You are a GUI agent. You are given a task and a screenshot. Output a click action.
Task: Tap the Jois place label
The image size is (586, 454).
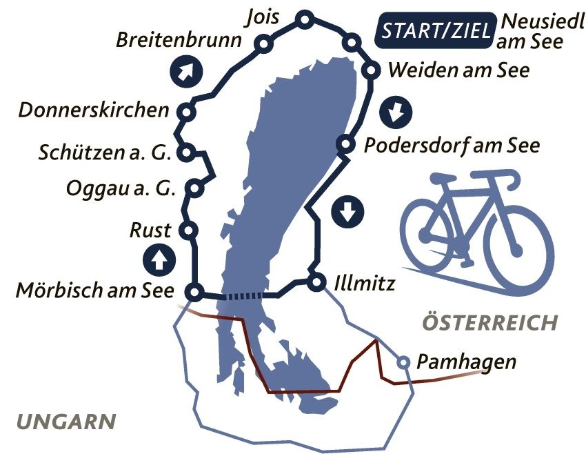tap(262, 17)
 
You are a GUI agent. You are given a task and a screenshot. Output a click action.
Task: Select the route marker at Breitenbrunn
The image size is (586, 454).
tap(263, 46)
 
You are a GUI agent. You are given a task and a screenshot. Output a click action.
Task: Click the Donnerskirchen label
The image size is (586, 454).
tap(94, 110)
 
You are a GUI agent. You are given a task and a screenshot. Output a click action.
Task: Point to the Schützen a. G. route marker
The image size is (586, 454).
tap(185, 151)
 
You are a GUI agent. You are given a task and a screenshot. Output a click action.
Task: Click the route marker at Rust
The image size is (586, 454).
tap(185, 230)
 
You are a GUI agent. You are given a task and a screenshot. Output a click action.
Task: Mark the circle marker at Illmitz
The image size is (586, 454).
tap(316, 282)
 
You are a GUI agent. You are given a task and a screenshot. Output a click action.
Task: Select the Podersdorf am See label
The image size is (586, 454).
tap(452, 146)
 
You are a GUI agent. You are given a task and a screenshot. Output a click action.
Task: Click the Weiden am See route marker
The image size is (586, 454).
tap(371, 70)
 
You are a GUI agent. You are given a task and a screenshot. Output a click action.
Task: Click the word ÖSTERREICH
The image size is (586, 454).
tap(489, 322)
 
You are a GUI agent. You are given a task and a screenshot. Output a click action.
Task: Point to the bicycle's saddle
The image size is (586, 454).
tap(442, 178)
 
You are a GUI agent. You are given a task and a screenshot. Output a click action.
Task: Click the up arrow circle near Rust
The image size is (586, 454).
tap(159, 260)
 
